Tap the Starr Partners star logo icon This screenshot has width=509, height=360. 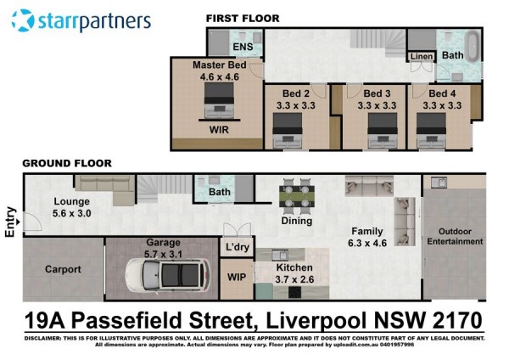23,20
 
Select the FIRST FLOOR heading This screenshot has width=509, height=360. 243,19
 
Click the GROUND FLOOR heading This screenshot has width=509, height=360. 67,163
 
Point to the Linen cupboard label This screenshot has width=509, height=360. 422,57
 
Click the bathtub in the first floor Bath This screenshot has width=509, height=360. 472,46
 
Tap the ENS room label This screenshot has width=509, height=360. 243,47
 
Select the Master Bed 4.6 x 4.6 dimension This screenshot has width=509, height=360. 220,77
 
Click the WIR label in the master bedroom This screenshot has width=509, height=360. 219,130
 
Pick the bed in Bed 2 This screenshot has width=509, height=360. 288,130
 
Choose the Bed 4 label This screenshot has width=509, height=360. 442,93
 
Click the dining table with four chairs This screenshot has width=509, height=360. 297,196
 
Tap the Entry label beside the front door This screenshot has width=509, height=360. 10,222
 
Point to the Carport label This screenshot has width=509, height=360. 63,269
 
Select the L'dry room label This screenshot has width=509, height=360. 238,247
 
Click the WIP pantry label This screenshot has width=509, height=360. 237,277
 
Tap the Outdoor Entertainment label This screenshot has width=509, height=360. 455,237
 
